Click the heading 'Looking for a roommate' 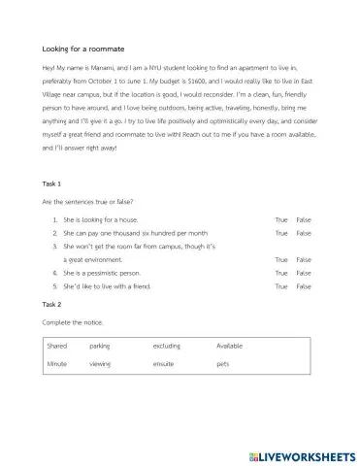coord(83,48)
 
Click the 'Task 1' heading coord(52,183)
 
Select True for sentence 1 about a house coord(281,220)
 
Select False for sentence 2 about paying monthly coord(304,234)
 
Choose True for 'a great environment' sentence coord(281,260)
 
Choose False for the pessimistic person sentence coord(304,274)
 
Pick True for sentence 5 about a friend coord(281,286)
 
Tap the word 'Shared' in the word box coord(57,345)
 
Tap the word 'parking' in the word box coord(99,345)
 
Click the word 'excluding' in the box coord(167,345)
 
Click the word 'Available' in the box coord(230,345)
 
